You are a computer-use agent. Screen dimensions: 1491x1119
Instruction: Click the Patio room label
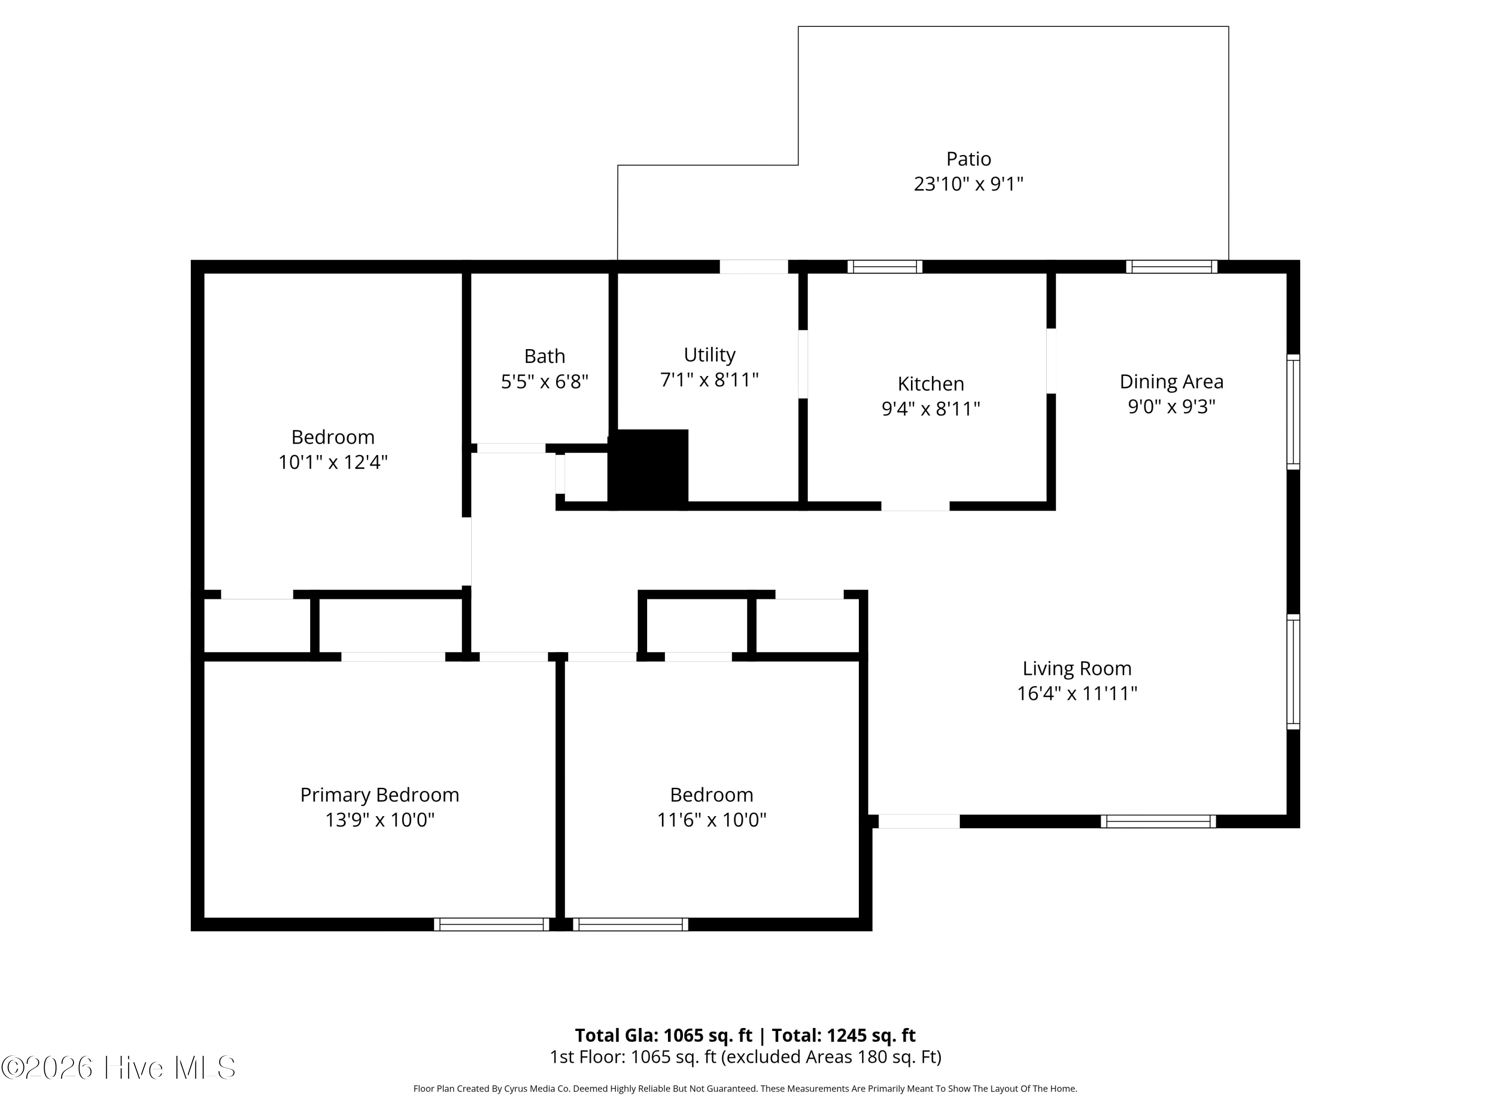[969, 159]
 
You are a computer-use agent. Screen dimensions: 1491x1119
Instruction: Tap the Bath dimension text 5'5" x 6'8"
[545, 382]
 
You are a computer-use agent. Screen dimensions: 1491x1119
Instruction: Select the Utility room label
[709, 355]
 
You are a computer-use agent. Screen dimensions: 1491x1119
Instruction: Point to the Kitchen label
[931, 384]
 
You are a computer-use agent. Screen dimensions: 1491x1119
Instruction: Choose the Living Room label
[1077, 668]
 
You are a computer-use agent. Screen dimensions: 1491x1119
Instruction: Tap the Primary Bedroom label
[380, 795]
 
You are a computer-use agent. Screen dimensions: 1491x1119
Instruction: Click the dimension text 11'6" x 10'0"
[712, 820]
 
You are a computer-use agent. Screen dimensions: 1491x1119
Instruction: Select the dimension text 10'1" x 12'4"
[333, 462]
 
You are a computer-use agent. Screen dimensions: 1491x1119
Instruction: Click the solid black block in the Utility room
[649, 469]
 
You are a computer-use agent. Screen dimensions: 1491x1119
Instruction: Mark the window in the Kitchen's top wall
[885, 267]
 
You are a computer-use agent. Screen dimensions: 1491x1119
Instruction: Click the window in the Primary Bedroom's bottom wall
[492, 924]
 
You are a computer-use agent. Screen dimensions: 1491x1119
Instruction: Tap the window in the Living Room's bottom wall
[1159, 821]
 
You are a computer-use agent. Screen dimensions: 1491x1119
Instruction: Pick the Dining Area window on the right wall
[1293, 411]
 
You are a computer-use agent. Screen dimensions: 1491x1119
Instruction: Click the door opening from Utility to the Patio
[753, 267]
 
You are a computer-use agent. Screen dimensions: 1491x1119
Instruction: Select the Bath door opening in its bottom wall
[511, 448]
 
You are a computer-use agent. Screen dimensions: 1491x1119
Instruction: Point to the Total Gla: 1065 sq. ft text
[663, 1035]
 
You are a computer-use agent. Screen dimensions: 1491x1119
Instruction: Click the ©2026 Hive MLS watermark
[119, 1067]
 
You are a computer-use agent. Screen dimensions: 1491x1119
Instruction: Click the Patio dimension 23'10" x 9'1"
[969, 184]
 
